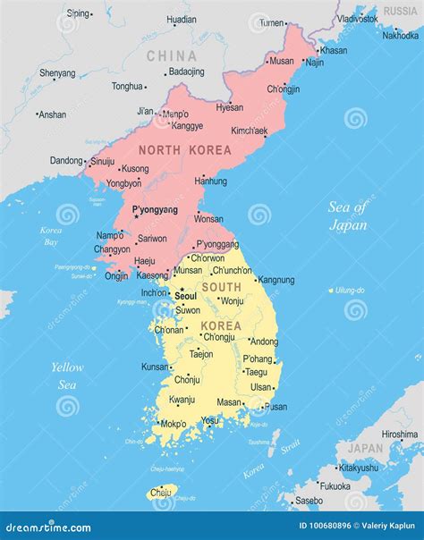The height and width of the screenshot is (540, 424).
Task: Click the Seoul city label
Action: point(186,295)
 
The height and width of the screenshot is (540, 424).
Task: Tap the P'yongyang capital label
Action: point(155,210)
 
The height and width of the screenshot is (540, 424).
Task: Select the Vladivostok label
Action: point(357,18)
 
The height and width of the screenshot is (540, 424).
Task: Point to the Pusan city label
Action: point(276,407)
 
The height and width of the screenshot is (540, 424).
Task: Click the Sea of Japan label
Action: point(348,216)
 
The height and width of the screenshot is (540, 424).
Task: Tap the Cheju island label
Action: point(160,492)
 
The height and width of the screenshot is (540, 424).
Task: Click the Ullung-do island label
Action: point(351,291)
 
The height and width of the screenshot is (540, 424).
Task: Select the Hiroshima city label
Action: point(399,435)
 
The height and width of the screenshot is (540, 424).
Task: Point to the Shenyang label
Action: point(57,72)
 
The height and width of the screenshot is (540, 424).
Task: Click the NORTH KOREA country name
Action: point(184,150)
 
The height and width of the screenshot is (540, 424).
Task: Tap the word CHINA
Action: point(171,56)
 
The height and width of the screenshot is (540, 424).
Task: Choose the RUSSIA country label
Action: point(400,11)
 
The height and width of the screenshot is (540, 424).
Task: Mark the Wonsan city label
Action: point(208,218)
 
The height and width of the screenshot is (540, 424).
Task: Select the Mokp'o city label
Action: point(173,424)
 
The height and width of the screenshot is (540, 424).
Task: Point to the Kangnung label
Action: point(276,280)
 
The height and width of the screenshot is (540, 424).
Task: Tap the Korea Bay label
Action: point(51,236)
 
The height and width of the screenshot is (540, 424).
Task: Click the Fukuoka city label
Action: point(335,486)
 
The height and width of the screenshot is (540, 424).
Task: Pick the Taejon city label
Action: point(201,354)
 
